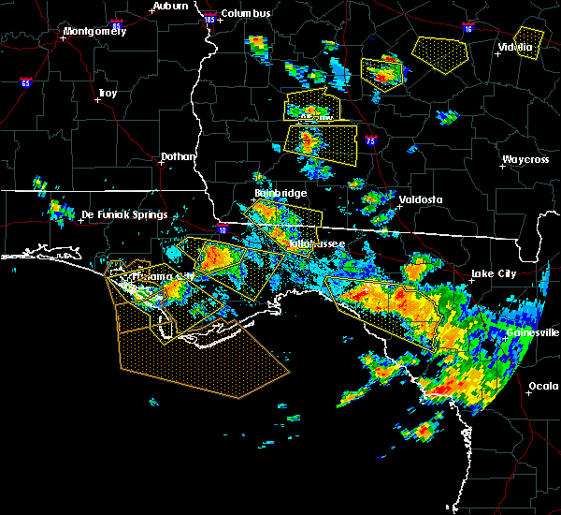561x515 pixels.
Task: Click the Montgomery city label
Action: pos(93,31)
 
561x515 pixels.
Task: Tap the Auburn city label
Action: pos(170,6)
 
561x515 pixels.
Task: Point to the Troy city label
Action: pos(108,93)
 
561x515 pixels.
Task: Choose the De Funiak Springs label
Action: pos(124,214)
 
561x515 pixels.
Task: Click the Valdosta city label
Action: pos(417,199)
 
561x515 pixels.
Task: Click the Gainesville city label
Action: pos(533,332)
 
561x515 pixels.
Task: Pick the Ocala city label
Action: pos(543,386)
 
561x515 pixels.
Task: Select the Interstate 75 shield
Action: pos(371,140)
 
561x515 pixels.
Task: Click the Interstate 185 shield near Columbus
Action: pos(209,19)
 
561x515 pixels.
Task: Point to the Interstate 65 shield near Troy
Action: pos(24,82)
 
